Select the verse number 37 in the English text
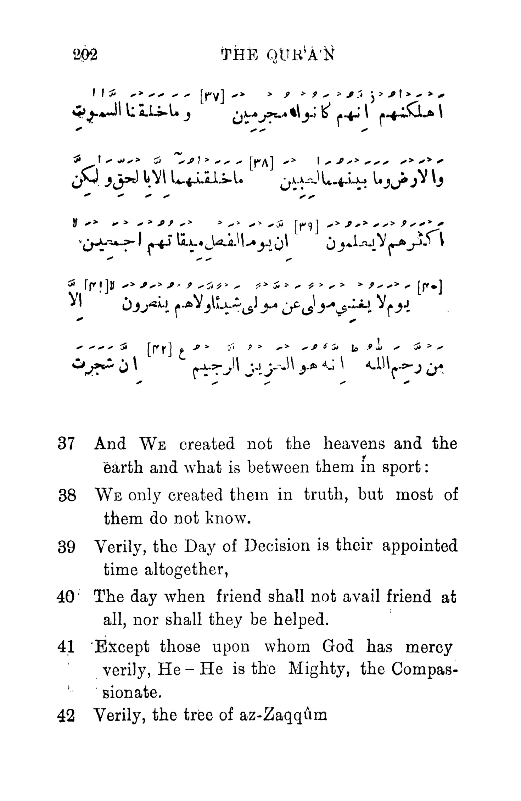[66, 444]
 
